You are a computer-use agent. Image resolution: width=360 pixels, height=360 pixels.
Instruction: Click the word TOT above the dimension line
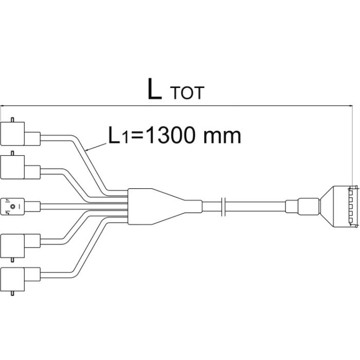coord(187,93)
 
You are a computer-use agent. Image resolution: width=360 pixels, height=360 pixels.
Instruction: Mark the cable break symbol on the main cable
coord(222,205)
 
